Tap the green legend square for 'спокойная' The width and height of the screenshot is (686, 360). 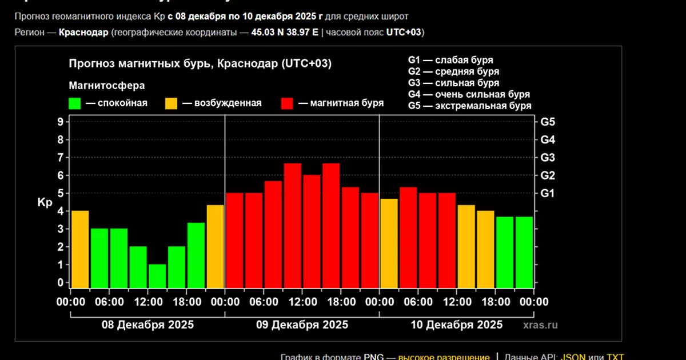74,103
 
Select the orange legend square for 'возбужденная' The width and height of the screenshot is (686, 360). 171,103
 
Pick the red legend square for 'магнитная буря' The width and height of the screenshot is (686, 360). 287,103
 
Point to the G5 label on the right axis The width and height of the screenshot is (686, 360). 548,122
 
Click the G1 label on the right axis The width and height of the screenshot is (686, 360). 548,193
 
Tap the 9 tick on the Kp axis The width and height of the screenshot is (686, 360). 59,122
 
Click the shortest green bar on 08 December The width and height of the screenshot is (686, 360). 157,275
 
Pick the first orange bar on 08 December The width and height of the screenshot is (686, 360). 80,249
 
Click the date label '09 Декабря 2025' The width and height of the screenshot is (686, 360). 302,325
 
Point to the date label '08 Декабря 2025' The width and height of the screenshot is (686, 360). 147,325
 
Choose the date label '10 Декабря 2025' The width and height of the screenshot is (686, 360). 457,325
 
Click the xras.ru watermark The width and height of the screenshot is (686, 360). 540,325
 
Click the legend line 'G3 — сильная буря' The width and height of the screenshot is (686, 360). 453,83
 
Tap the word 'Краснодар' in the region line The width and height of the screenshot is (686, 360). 83,32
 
